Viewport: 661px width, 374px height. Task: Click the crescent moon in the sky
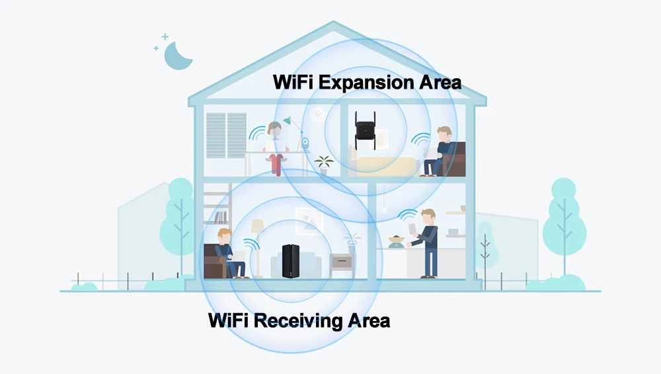[177, 56]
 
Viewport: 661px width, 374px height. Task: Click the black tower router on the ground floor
[291, 261]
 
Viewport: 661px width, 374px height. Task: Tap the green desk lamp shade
[288, 120]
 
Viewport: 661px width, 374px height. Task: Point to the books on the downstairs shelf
[220, 216]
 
